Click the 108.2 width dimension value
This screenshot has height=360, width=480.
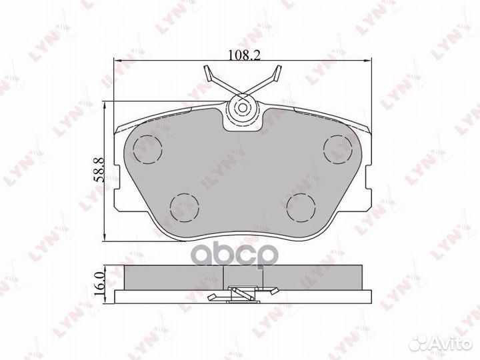(244, 55)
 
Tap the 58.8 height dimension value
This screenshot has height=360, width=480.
(100, 170)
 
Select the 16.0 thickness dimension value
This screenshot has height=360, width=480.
(100, 285)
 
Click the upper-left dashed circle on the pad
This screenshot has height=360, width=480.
(147, 149)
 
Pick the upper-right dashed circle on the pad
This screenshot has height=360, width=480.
(338, 149)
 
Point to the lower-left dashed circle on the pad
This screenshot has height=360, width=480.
(184, 207)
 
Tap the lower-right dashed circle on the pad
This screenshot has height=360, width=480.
(301, 207)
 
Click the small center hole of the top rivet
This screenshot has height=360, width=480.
(243, 108)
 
